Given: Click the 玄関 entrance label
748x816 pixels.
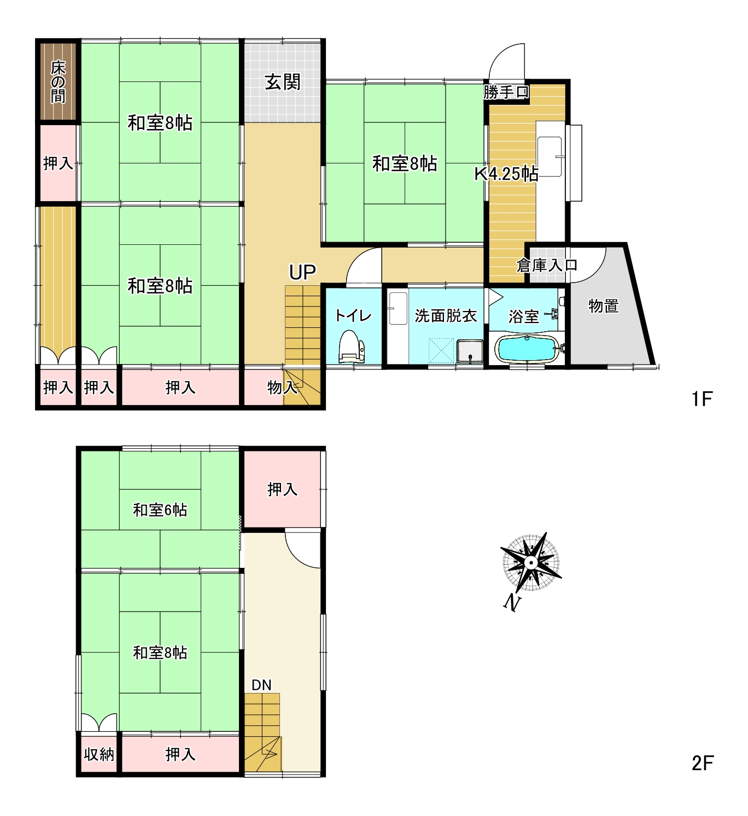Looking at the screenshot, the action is pos(283,83).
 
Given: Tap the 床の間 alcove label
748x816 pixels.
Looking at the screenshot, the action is pos(58,82).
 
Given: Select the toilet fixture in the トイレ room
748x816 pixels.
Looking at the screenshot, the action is pos(352,346).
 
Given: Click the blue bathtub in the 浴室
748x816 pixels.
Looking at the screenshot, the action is pos(527,349).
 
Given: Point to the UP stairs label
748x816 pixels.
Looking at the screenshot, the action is pos(302,272).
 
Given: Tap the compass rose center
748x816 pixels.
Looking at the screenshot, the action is pos(531,562).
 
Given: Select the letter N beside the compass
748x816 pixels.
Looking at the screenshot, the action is pos(512,602).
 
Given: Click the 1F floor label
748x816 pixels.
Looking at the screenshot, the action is pos(702,399).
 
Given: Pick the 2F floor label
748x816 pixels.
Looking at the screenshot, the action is pos(703,764).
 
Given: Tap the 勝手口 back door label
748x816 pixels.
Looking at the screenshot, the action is pos(506,92).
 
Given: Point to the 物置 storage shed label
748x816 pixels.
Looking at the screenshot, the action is pos(604,306).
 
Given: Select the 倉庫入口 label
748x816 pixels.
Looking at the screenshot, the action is pos(547,265).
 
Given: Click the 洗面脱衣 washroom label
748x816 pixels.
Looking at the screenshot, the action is pos(446,316).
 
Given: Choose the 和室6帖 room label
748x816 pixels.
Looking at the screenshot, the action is pos(160,510).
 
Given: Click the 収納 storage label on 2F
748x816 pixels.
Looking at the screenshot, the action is pos(99,755).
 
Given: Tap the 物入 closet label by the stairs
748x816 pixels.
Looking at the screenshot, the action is pos(283,388).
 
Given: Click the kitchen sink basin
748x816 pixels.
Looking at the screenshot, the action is pos(550,157).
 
